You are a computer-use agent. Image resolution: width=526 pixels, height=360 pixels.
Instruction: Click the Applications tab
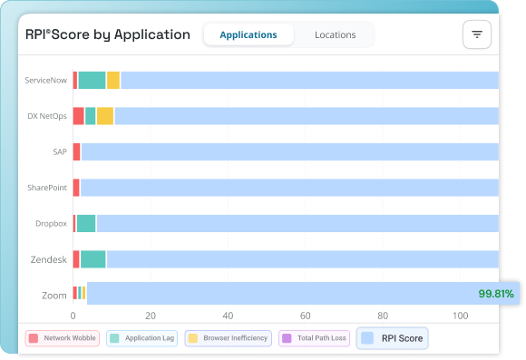(x=248, y=34)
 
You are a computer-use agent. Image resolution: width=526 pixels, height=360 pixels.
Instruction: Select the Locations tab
(x=335, y=34)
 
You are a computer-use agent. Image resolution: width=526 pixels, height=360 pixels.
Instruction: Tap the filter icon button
(x=476, y=34)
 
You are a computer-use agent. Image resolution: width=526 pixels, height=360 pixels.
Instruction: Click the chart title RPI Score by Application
(x=108, y=34)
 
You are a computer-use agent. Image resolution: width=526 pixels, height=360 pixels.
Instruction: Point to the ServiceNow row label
(x=46, y=80)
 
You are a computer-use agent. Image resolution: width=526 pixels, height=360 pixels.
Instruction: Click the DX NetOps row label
(x=47, y=116)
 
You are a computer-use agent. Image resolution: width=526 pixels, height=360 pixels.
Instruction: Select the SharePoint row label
(x=47, y=188)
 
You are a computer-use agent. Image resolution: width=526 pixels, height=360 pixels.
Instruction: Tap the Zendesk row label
(x=49, y=259)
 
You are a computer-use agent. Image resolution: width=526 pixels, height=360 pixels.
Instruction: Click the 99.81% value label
(x=496, y=294)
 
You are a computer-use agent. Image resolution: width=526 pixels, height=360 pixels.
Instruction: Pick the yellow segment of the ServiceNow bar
(x=113, y=80)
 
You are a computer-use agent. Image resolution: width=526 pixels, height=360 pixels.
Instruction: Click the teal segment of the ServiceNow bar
(x=92, y=80)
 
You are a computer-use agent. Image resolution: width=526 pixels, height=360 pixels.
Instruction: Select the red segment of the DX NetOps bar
(x=79, y=116)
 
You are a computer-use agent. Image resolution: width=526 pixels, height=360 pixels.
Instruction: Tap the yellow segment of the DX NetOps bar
(x=105, y=116)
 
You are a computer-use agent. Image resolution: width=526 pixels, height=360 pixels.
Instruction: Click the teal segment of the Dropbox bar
(x=86, y=224)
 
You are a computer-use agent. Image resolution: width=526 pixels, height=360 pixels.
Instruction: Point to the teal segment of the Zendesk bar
(x=93, y=259)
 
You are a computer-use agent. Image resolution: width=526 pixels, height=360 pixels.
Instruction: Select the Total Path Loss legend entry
(x=314, y=338)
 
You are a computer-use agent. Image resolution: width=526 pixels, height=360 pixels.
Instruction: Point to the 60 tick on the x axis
(x=306, y=316)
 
